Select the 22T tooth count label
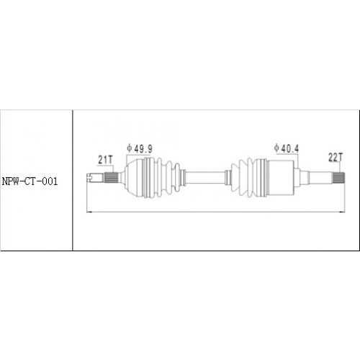pos(335,156)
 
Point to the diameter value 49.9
pos(143,148)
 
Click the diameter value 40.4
pos(292,148)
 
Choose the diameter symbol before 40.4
pos(277,148)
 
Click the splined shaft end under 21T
pos(111,176)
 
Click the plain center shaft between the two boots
pos(205,176)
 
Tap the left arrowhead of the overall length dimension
pos(88,212)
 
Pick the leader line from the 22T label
pos(339,165)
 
